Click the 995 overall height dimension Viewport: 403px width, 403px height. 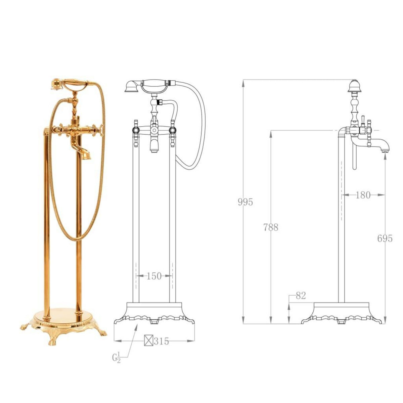pos(245,202)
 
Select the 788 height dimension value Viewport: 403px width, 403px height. pos(271,227)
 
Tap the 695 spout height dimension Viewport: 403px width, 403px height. pos(385,238)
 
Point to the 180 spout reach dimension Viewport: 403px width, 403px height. pos(363,195)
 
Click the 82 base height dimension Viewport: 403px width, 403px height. pos(301,296)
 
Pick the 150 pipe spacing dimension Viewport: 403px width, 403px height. pos(154,276)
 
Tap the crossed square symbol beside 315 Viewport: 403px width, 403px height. pos(148,341)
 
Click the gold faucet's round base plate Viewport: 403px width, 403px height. pos(62,314)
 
